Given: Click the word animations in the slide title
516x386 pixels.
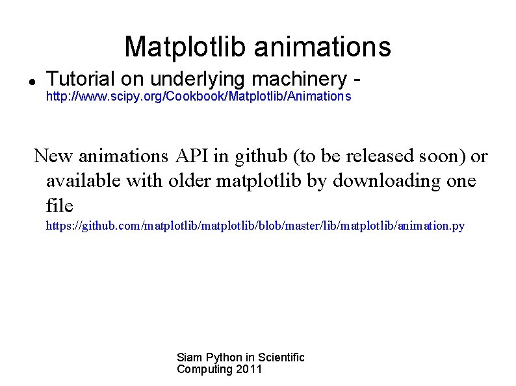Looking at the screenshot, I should pos(322,47).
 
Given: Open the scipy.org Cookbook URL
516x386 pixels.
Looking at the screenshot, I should pos(198,97).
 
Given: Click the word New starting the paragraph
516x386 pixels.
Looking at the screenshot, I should pos(53,156).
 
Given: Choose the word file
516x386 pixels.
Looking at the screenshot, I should pos(60,206).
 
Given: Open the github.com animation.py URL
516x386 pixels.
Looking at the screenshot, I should pos(255,226).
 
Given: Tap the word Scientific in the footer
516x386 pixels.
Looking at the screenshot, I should pos(281,357).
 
